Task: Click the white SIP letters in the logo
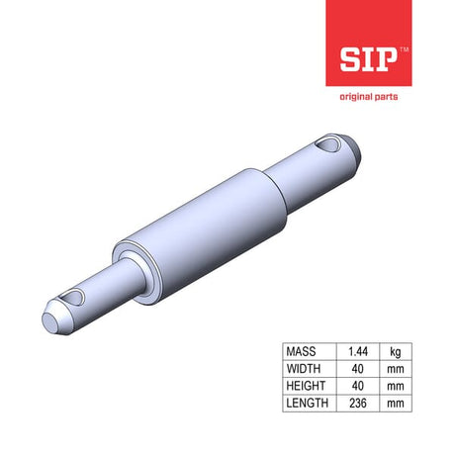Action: coord(368,59)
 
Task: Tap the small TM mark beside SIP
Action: coord(404,49)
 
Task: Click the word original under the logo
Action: coord(354,97)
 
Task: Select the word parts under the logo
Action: coord(384,97)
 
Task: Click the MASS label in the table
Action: coord(301,351)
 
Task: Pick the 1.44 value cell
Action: coord(358,351)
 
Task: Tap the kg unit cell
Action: coord(396,352)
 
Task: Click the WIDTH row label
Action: coord(304,369)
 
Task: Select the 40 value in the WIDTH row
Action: coord(358,369)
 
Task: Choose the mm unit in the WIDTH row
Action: coord(396,369)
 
